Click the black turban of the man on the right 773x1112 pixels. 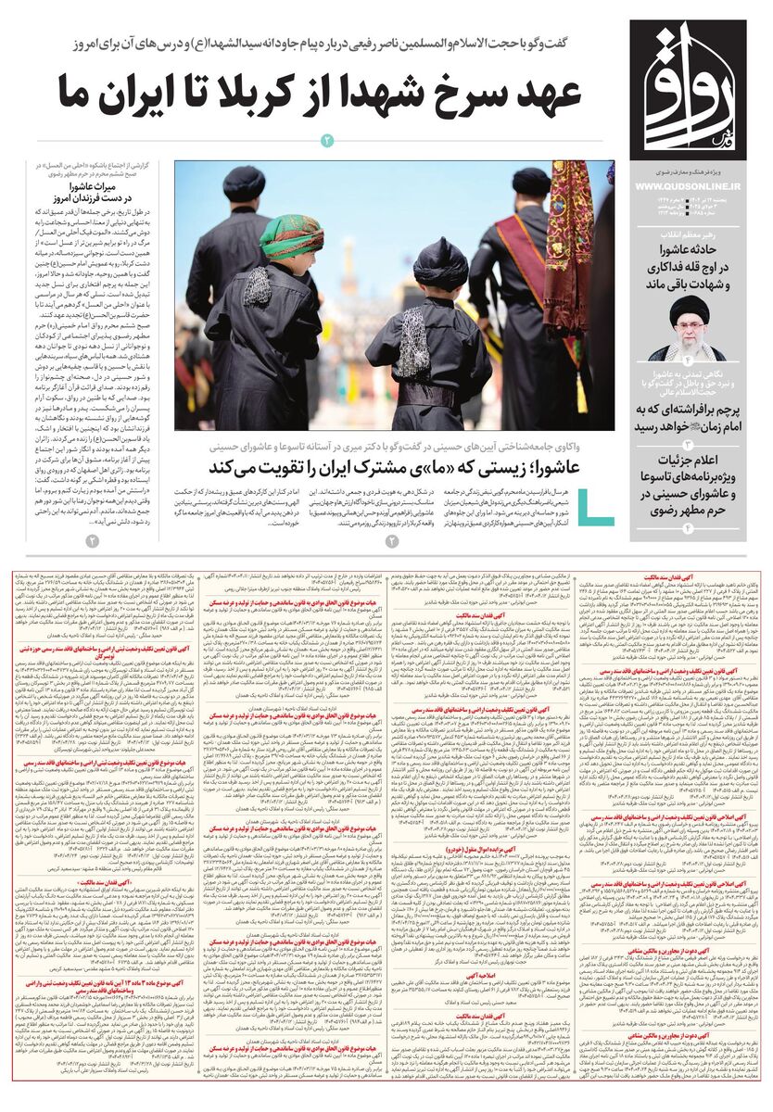click(x=531, y=181)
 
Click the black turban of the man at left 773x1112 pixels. click(x=244, y=183)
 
